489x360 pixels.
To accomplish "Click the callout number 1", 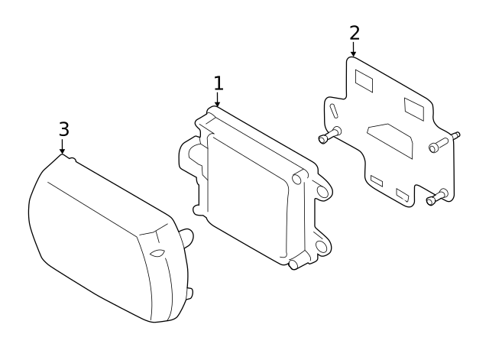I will [218, 83].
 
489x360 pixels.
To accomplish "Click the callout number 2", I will [354, 32].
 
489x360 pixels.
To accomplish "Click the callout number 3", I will [63, 128].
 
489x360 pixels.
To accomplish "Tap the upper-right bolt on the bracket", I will [441, 142].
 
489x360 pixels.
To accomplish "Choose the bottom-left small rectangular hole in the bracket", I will [376, 180].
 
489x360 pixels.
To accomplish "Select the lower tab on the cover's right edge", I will [189, 292].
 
